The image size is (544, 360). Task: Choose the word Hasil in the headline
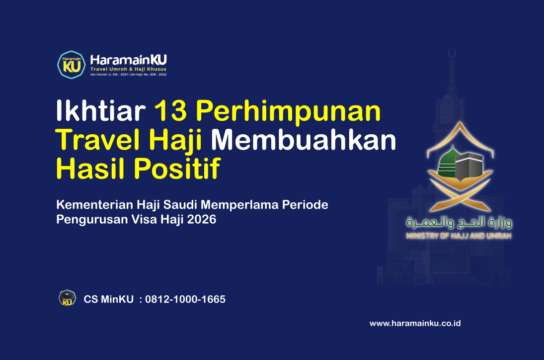point(85,169)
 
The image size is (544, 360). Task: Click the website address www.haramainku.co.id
point(415,323)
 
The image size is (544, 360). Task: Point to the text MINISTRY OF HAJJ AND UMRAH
point(459,236)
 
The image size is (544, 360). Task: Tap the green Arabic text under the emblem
point(459,222)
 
